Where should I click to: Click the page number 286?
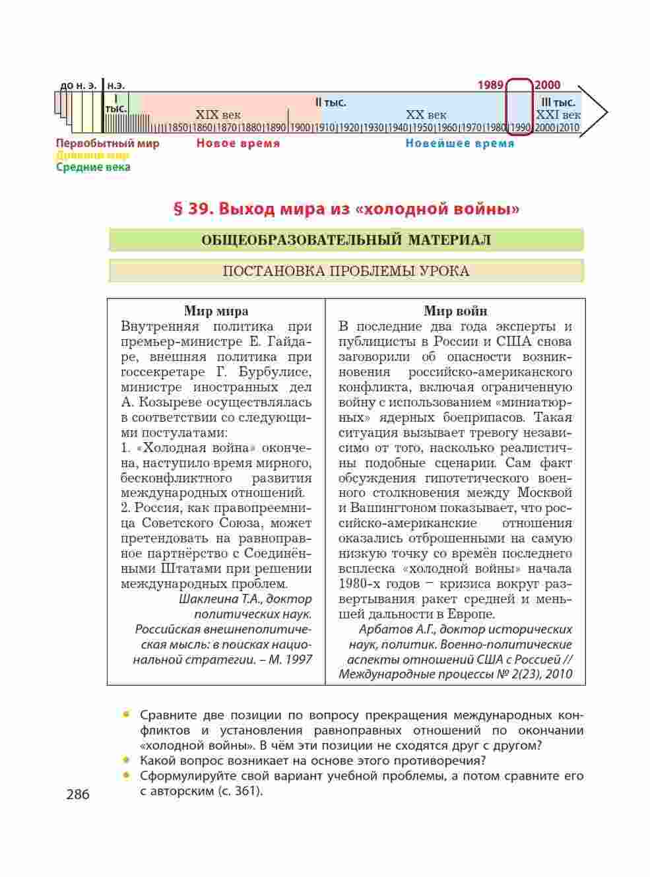[78, 795]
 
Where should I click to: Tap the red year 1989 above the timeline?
[490, 85]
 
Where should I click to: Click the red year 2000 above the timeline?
[548, 85]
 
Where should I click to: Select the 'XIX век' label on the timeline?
[218, 115]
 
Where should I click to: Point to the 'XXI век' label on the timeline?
[558, 115]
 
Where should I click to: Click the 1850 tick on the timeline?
[178, 128]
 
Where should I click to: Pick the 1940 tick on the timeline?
[398, 128]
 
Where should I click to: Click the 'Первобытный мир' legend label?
[108, 143]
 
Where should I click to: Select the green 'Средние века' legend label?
[93, 167]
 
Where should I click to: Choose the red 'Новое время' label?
[238, 143]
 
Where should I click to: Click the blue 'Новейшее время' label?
[460, 143]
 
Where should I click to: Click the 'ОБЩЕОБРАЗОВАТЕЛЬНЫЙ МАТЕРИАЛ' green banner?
[346, 240]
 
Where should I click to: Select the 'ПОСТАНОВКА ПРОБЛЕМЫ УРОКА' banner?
[346, 271]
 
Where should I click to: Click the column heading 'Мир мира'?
[216, 311]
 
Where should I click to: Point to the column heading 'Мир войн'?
[455, 311]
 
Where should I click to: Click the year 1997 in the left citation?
[298, 659]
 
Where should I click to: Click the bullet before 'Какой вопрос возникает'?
[125, 760]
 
